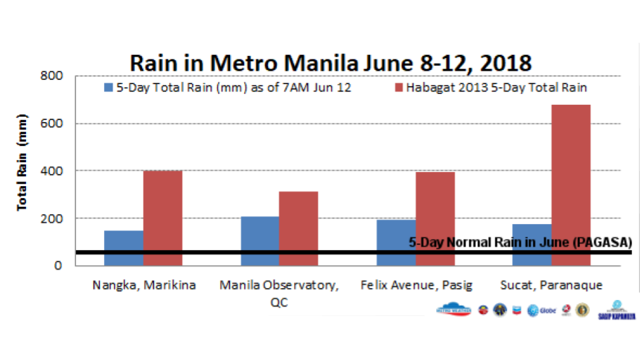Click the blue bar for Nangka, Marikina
point(124,248)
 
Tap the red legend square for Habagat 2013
point(399,88)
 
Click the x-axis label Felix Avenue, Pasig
point(416,285)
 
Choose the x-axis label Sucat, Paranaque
point(552,285)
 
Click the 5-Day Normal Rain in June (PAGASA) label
point(520,243)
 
